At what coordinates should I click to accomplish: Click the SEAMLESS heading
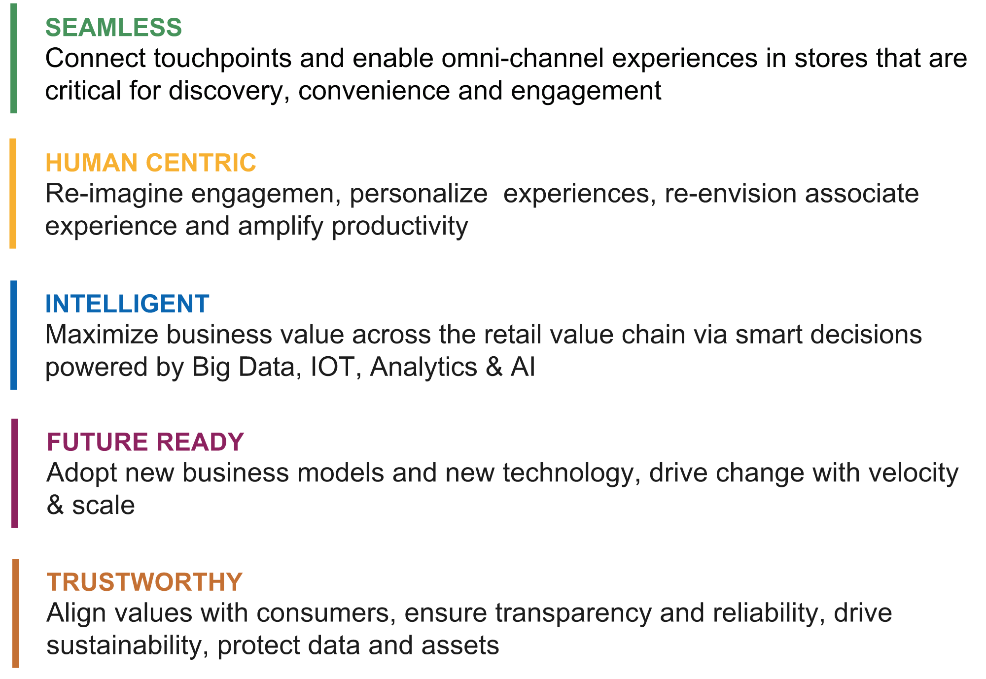coord(113,27)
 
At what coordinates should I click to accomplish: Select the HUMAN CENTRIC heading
coord(151,163)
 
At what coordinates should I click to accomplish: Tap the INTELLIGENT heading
coord(127,304)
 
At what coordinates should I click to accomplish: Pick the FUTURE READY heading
coord(145,441)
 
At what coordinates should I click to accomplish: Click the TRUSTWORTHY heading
coord(144,582)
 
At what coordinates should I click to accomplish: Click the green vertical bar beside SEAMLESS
coord(14,58)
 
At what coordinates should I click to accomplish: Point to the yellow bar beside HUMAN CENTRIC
coord(13,193)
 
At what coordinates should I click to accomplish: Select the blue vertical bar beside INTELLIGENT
coord(14,335)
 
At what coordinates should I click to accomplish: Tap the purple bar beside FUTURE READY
coord(15,473)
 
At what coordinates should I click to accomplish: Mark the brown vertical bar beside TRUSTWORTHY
coord(16,613)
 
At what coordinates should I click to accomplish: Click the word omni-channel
coord(523,58)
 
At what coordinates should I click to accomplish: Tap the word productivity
coord(400,228)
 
